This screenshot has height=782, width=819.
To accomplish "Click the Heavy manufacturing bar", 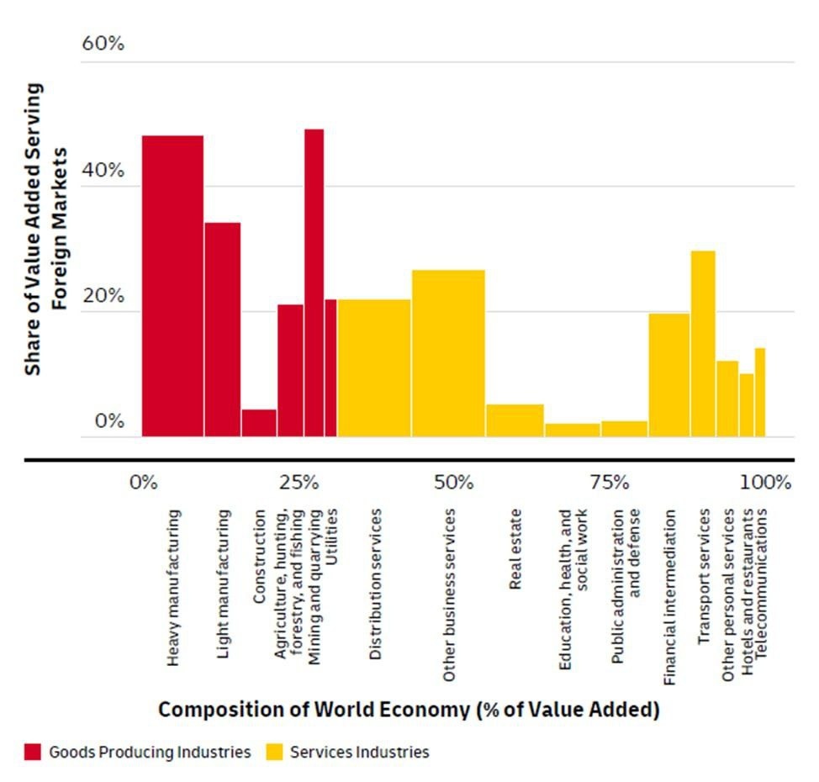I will pos(172,286).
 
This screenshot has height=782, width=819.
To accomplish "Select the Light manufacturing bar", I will pos(223,330).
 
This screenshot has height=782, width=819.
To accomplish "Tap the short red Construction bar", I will pos(259,423).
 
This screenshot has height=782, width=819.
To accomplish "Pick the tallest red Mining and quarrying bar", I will pos(314,283).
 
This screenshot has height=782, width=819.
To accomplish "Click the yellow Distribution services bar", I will pos(374,367).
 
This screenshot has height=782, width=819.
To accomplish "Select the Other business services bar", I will pos(448,353).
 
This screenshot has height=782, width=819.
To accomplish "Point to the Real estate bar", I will pos(515,420).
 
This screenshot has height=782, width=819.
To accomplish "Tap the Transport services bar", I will pos(703,343).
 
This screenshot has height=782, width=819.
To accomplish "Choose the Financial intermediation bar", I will pos(668,374).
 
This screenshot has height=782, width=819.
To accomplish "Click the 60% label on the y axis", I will pos(103,44).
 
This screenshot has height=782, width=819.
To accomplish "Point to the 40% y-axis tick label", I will pos(103,170).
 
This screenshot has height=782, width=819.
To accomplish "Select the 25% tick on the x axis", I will pos(299,483).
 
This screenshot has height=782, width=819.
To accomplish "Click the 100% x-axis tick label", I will pos(766,483).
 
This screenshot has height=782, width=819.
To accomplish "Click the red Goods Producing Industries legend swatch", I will pos(34,752).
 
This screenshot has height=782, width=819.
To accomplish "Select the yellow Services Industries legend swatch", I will pos(275,752).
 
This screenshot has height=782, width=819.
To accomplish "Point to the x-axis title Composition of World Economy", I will pos(409,710).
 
